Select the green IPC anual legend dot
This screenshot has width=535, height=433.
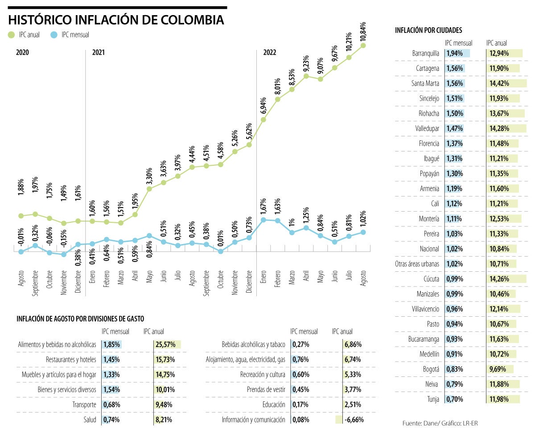[12, 34]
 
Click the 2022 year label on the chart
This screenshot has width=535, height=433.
[270, 52]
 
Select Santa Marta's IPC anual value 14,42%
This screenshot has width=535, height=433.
[499, 83]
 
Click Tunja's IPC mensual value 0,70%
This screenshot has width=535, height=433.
[454, 399]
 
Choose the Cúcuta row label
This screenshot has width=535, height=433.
[429, 279]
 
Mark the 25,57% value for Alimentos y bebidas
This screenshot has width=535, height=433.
[165, 344]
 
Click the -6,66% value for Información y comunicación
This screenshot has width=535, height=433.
[353, 419]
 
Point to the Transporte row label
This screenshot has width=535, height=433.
[84, 404]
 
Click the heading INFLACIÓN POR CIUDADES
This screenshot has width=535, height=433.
[428, 30]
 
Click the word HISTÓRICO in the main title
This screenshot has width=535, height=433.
[39, 20]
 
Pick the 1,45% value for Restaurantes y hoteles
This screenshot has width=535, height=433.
[111, 359]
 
